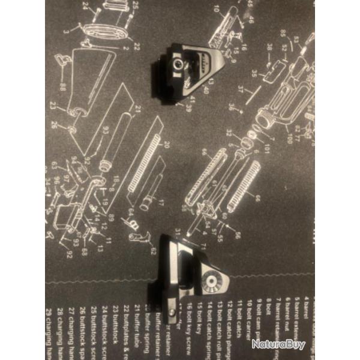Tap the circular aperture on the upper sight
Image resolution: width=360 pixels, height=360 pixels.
[178, 63]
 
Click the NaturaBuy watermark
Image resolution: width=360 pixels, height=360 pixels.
[278, 344]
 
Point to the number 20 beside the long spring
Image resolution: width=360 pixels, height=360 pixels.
[167, 145]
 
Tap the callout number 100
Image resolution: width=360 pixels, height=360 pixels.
[289, 140]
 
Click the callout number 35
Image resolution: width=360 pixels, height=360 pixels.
[254, 74]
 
